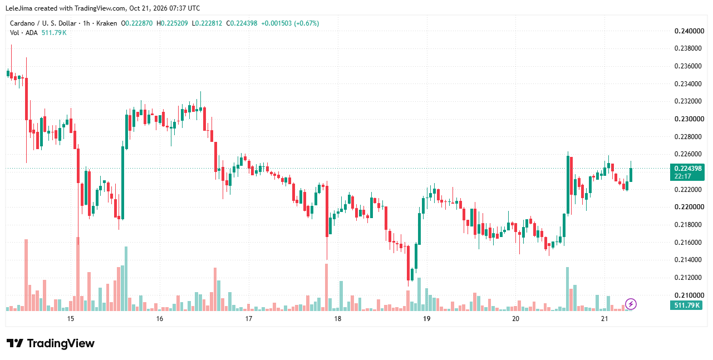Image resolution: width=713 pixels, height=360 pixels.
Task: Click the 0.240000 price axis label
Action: click(689, 31)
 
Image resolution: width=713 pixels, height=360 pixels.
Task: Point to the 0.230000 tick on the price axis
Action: click(689, 119)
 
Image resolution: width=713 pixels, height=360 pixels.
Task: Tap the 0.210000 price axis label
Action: click(689, 295)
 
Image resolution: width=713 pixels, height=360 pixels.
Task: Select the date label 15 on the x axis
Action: click(70, 319)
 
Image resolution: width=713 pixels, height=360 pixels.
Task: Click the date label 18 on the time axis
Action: click(337, 319)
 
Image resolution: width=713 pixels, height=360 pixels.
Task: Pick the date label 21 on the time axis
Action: click(604, 319)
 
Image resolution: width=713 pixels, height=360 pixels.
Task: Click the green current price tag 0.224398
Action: click(688, 169)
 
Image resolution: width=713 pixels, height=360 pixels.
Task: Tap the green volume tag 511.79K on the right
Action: click(687, 305)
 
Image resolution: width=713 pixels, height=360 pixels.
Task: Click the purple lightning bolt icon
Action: click(631, 304)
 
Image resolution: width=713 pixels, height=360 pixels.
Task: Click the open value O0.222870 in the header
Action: click(136, 23)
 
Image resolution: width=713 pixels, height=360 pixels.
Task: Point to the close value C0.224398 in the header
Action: click(242, 23)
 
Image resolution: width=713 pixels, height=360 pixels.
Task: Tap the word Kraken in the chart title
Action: click(106, 23)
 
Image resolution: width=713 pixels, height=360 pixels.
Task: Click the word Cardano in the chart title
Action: click(22, 23)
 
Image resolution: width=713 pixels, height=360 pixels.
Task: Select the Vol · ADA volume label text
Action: click(24, 33)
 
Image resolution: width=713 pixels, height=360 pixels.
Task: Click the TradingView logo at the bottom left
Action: click(51, 343)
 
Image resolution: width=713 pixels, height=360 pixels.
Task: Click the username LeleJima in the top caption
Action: click(19, 8)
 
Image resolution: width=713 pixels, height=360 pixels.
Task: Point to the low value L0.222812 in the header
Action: click(207, 23)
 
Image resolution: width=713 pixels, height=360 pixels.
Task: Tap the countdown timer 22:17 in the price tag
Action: click(682, 176)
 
